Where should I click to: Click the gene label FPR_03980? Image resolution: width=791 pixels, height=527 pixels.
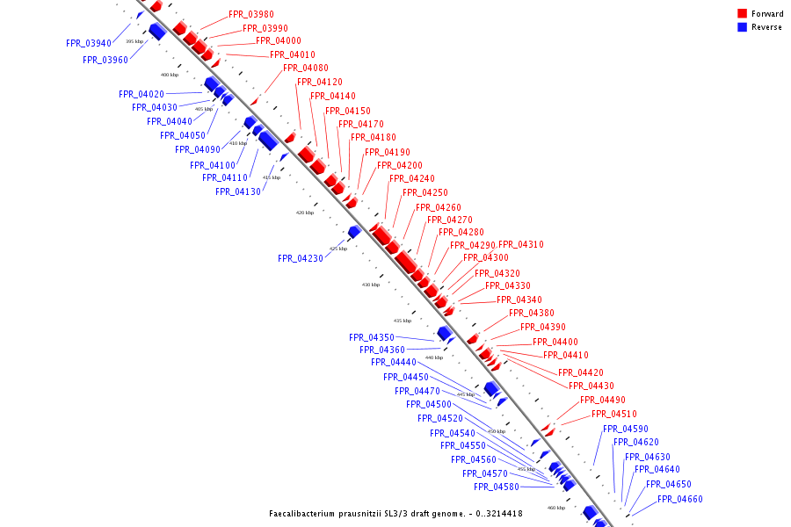(x=250, y=15)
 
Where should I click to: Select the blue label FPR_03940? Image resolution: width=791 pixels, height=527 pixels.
(x=89, y=43)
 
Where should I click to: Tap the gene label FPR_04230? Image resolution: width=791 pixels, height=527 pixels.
(x=301, y=259)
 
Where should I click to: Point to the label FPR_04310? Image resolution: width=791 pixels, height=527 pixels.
(x=521, y=244)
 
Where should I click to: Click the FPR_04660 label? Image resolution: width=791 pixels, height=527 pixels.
(x=680, y=499)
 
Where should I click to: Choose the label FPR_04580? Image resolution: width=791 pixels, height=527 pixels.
(x=497, y=487)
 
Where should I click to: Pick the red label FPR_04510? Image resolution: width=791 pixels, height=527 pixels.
(x=614, y=415)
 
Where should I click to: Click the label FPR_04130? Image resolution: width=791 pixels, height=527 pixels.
(x=238, y=191)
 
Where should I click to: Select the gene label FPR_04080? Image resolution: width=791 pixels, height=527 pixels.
(x=306, y=69)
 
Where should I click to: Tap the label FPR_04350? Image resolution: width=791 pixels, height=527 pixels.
(x=372, y=337)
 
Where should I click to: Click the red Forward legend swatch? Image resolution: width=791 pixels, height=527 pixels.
(x=742, y=14)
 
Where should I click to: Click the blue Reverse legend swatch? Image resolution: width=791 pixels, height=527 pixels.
(x=742, y=27)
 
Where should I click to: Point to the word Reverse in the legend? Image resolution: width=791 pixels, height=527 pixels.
(x=766, y=27)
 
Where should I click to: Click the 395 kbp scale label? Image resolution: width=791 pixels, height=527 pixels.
(x=134, y=41)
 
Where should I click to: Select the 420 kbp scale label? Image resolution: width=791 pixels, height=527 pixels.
(x=304, y=213)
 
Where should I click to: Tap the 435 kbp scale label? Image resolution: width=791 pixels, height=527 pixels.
(x=403, y=321)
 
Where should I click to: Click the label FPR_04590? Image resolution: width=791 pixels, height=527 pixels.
(x=625, y=429)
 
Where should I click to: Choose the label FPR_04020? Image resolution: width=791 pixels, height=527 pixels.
(x=142, y=94)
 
